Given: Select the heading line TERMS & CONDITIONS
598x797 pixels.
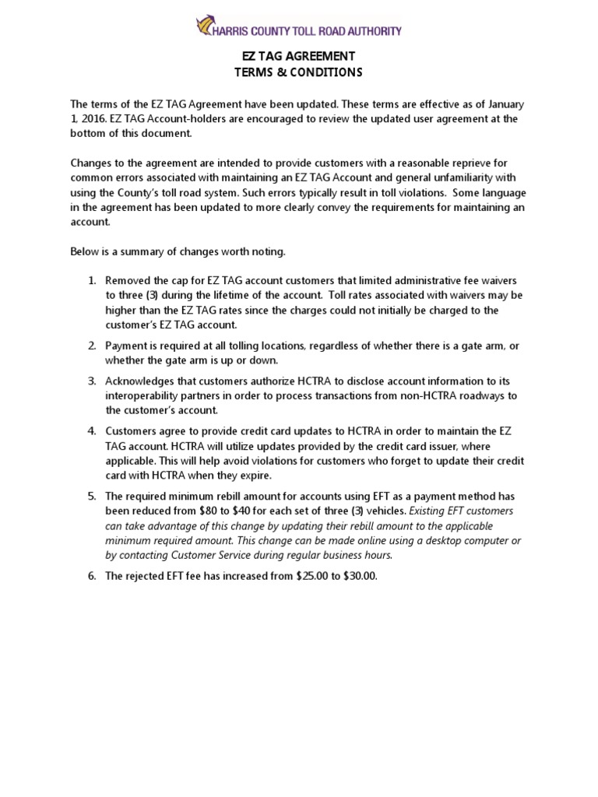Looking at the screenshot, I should tap(298, 72).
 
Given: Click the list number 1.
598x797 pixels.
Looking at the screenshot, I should tap(90, 280).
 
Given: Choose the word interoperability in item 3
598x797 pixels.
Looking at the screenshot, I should tap(150, 396).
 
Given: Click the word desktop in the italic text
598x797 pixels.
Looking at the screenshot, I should tap(417, 541).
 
